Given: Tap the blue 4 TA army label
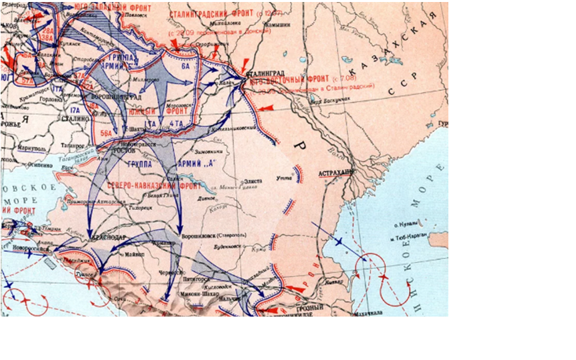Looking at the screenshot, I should pyautogui.click(x=177, y=124).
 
